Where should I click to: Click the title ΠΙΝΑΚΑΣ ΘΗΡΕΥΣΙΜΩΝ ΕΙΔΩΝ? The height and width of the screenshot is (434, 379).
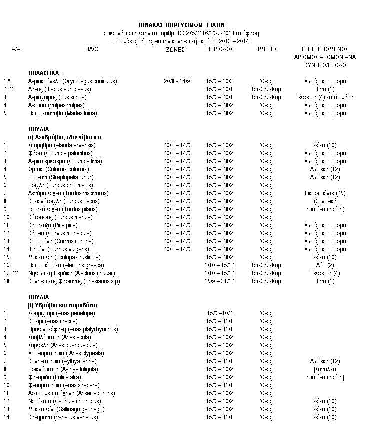point(182,24)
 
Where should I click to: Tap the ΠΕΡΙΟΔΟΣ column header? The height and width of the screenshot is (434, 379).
point(220,50)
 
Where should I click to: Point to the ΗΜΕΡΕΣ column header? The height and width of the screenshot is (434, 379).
point(266,50)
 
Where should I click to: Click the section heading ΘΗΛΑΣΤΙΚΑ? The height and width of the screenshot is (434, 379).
point(44,73)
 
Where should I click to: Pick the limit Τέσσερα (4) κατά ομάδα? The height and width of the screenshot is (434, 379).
point(325,97)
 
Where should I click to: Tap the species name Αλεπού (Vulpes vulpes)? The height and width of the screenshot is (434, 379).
point(56,105)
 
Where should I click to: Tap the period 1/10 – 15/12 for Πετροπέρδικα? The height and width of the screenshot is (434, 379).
point(220,265)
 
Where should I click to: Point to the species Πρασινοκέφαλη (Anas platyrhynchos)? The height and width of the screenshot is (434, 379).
point(73,329)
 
